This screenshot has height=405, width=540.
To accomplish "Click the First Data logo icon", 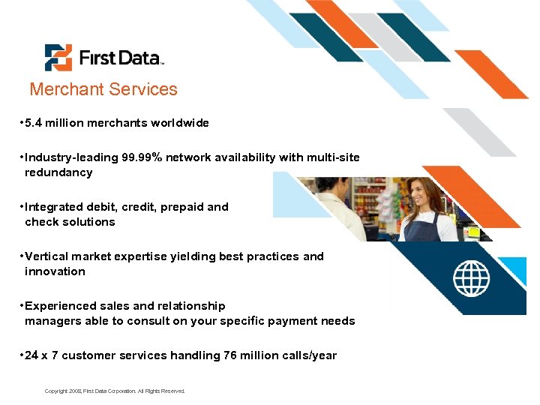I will (x=58, y=58).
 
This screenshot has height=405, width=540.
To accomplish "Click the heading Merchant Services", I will (x=103, y=89).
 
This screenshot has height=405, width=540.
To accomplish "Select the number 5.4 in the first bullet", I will (x=34, y=123).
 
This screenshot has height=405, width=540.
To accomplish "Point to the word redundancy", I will (x=58, y=172).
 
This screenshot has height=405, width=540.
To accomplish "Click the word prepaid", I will (x=181, y=207).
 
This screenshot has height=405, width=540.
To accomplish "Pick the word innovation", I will (x=55, y=271).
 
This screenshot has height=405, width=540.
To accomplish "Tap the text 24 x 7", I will (x=41, y=355).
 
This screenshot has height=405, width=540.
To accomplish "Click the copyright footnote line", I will (x=114, y=391).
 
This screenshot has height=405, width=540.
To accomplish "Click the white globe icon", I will (x=471, y=278).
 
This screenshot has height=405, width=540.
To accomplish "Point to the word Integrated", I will (x=54, y=207).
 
